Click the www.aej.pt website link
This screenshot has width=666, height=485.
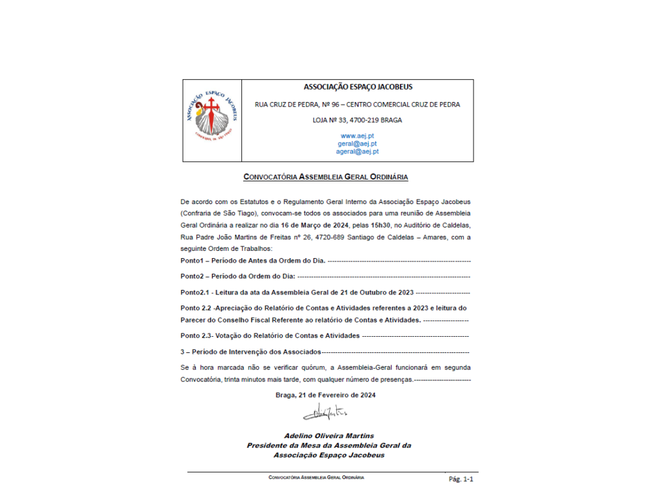pyautogui.click(x=357, y=136)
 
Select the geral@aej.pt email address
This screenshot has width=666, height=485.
pyautogui.click(x=357, y=144)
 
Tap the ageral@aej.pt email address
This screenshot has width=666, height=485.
pyautogui.click(x=357, y=151)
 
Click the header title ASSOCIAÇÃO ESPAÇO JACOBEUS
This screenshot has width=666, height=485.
pyautogui.click(x=358, y=87)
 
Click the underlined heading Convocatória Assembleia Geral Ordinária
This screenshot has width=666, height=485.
pyautogui.click(x=325, y=176)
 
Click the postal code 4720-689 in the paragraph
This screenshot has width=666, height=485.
pyautogui.click(x=335, y=237)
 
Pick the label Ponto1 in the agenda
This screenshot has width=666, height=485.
pyautogui.click(x=193, y=261)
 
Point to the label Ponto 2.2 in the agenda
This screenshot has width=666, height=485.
pyautogui.click(x=196, y=308)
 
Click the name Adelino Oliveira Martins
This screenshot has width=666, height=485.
pyautogui.click(x=329, y=436)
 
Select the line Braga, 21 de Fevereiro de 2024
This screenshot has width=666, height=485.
pyautogui.click(x=325, y=395)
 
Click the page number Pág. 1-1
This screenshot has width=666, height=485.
pyautogui.click(x=461, y=478)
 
